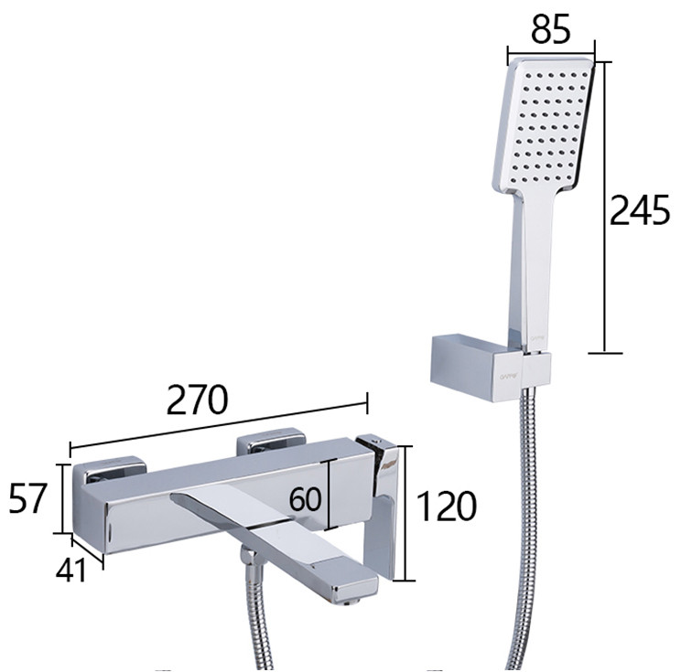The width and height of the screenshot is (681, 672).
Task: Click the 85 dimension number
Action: click(x=550, y=29)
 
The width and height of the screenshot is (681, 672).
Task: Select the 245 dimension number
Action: click(x=639, y=209)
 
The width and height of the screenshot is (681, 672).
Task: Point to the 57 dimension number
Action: click(x=27, y=498)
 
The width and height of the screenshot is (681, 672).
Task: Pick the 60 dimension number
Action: click(x=306, y=498)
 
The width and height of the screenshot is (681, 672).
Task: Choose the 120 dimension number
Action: click(x=447, y=506)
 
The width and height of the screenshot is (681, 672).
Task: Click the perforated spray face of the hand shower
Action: click(x=545, y=127)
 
